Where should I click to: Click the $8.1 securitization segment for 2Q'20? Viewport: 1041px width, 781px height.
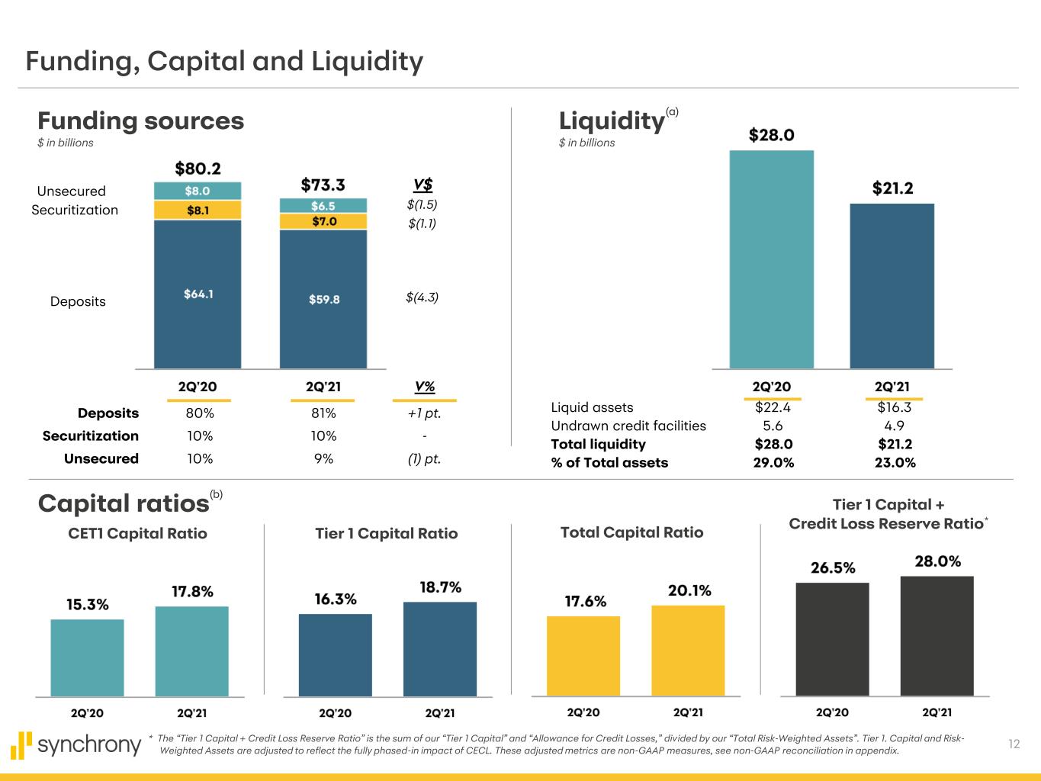[198, 210]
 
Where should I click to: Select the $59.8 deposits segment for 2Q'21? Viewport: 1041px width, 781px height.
[323, 299]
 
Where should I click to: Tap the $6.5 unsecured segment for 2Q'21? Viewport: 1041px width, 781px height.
[323, 206]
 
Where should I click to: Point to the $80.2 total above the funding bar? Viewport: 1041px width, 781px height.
[198, 168]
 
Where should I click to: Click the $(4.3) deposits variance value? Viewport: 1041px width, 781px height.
[422, 297]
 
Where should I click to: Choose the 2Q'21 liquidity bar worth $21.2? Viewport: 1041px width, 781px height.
[892, 286]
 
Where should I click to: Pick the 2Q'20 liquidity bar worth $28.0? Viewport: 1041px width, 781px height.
[771, 259]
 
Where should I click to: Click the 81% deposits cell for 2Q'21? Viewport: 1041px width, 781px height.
[323, 413]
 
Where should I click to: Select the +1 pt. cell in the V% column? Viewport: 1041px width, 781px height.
[424, 413]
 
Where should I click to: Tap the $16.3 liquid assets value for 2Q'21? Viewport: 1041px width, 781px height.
[895, 407]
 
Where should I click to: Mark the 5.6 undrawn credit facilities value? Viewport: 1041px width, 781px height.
[772, 426]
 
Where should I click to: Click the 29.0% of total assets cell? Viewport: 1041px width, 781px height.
[773, 462]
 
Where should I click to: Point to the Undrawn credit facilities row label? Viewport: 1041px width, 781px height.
[628, 426]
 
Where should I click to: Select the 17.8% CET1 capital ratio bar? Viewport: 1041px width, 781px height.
[191, 651]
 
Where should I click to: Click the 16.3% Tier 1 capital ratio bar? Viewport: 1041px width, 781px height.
[335, 654]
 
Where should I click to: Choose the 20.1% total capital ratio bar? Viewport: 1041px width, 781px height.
[688, 650]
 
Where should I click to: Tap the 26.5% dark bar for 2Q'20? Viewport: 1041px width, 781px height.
[832, 639]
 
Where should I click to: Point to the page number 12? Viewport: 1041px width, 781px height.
[1014, 744]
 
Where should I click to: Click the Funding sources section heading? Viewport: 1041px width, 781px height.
[141, 121]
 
